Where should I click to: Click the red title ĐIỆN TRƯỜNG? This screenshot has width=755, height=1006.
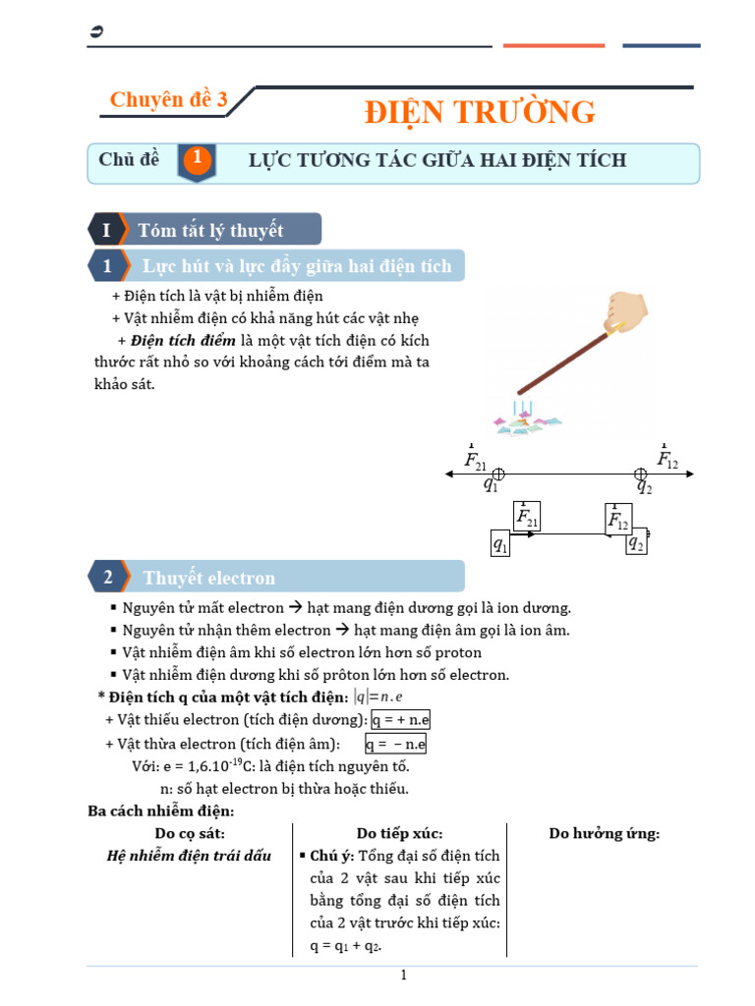tap(480, 112)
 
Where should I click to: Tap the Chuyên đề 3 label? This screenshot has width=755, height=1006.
tap(168, 99)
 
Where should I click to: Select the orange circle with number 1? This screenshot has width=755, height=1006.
tap(198, 159)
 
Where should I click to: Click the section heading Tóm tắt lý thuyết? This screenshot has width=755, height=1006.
tap(210, 230)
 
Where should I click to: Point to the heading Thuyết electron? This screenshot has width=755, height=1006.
tap(209, 578)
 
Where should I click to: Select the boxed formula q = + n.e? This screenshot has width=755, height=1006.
tap(400, 720)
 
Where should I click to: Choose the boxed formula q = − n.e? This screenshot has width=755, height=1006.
tap(395, 744)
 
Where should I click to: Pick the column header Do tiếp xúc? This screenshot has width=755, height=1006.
tap(399, 834)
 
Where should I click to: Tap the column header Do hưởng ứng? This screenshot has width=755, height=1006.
tap(604, 834)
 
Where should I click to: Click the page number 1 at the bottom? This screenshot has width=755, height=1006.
tap(402, 976)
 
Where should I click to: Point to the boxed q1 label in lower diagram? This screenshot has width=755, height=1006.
tap(500, 544)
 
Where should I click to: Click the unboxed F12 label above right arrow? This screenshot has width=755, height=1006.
tap(668, 459)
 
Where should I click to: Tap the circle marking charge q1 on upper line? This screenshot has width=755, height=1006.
tap(498, 474)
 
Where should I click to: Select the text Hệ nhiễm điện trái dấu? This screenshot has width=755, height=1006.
tap(189, 856)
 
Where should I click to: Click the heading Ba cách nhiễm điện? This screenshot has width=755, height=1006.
tap(161, 811)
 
